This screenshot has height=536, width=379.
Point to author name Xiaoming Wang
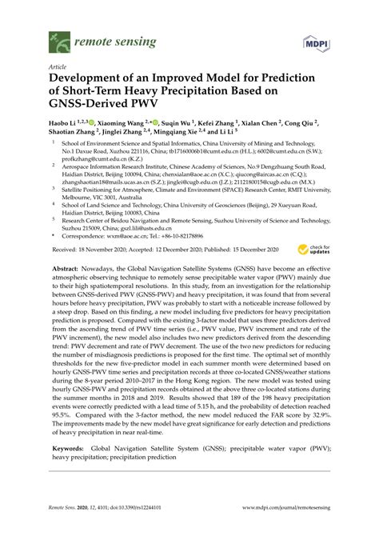tap(123, 125)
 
